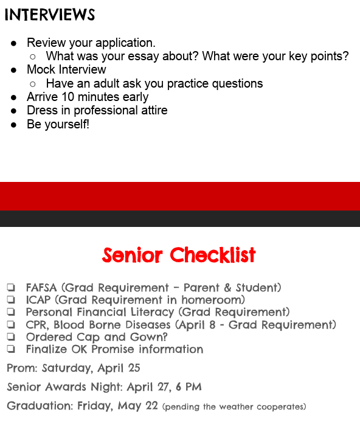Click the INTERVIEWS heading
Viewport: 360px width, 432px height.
[50, 15]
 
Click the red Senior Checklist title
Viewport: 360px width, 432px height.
[179, 255]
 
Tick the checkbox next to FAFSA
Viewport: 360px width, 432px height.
[11, 287]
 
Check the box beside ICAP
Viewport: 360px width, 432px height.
[11, 299]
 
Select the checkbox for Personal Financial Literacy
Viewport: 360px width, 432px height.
[11, 312]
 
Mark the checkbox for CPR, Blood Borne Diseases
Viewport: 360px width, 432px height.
[11, 324]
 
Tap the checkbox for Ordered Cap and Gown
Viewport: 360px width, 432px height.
[11, 336]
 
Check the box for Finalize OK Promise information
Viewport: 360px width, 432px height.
[11, 349]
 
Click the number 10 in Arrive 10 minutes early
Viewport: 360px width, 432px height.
[67, 97]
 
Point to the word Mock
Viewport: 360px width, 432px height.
[41, 69]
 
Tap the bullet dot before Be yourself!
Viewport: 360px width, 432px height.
[13, 125]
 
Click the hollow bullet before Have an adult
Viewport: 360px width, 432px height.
[33, 84]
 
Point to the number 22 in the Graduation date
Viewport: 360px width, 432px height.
[151, 406]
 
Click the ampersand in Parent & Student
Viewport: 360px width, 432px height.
[227, 288]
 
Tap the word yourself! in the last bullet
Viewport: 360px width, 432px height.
[67, 125]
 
